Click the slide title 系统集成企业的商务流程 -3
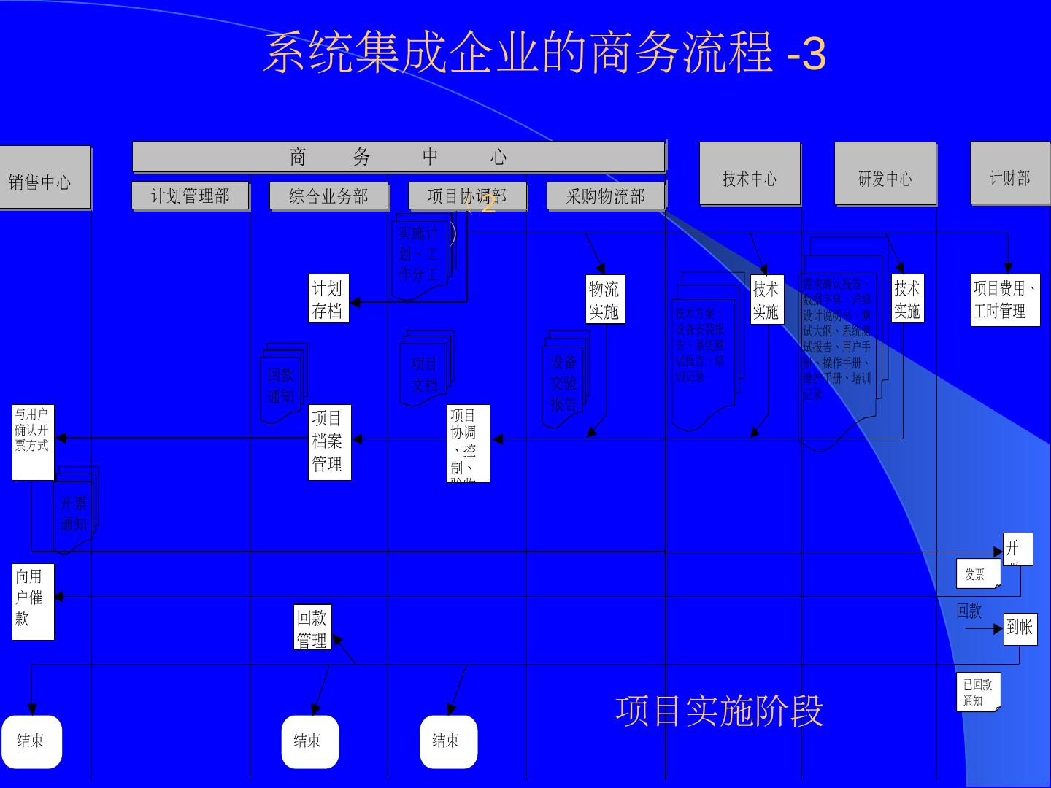544,53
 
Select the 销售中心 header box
42,179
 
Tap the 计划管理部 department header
190,196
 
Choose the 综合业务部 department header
328,196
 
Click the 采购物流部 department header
606,196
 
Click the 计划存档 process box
328,299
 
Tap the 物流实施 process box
604,300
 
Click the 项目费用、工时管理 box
1005,300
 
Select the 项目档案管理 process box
329,441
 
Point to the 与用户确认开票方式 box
33,441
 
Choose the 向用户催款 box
33,601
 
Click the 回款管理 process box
312,627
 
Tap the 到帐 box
1019,627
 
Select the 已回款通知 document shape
978,692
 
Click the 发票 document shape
977,573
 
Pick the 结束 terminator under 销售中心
31,741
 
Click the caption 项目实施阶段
719,711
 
